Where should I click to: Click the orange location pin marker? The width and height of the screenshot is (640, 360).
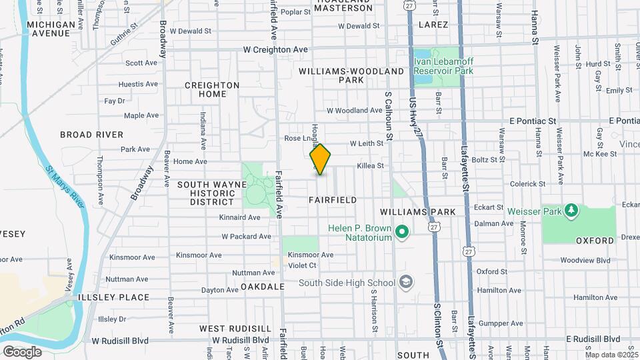point(320,159)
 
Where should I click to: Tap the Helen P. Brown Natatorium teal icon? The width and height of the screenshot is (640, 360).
point(401,233)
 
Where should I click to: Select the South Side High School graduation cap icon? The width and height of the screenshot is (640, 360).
point(405,283)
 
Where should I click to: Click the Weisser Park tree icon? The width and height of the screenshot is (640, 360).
point(571,211)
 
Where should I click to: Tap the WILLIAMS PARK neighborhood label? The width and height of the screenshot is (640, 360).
point(417,212)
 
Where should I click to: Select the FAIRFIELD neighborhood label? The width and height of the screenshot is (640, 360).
point(333,200)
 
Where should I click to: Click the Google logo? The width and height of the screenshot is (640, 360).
point(22,351)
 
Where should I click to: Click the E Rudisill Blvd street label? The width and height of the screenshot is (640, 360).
point(588,339)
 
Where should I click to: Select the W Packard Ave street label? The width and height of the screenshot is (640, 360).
point(246,236)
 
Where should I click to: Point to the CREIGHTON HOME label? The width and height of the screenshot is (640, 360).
point(211,89)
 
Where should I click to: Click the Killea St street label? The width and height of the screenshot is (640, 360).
point(371,165)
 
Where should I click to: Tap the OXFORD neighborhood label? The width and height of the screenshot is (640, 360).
point(595,241)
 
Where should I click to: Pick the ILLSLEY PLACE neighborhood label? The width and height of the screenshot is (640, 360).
point(109,297)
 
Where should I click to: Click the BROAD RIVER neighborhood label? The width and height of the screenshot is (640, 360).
point(91,135)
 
